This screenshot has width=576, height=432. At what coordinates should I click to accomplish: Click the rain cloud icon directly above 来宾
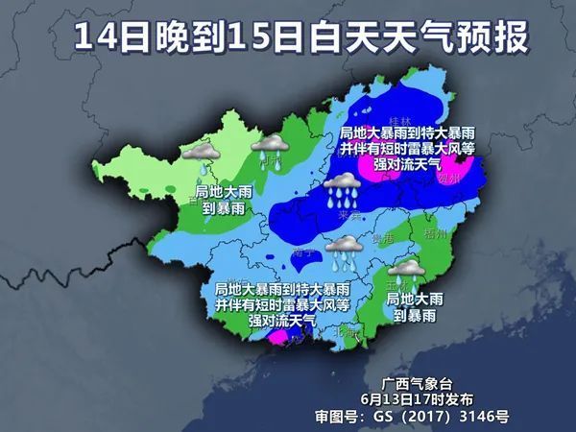click(x=342, y=190)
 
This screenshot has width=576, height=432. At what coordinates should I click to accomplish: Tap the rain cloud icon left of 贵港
click(x=342, y=252)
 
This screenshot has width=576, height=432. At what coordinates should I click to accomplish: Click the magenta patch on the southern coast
click(x=279, y=337)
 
